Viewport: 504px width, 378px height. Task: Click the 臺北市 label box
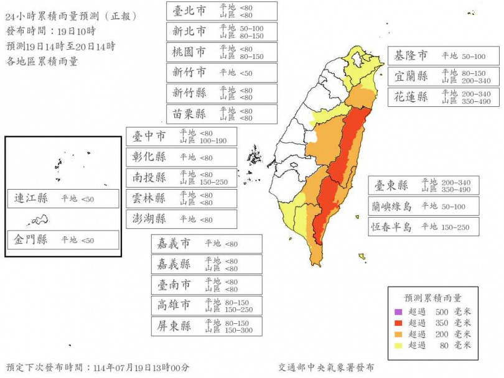click(189, 11)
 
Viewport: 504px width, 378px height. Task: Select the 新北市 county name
click(189, 32)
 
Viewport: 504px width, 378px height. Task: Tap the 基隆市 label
click(410, 56)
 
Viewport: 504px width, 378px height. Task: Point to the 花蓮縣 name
click(410, 97)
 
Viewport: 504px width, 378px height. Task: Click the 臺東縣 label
click(391, 185)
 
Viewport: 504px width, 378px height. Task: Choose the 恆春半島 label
click(391, 227)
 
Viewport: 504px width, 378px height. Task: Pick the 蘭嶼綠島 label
click(391, 206)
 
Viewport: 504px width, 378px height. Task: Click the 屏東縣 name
click(174, 326)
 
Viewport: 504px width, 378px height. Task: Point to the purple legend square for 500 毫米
click(398, 312)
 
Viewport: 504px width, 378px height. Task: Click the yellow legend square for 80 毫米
click(398, 345)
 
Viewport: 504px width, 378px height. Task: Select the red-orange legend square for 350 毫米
click(398, 323)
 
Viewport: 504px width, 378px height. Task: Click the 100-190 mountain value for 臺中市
click(213, 141)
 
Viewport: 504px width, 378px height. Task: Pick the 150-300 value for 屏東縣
click(238, 331)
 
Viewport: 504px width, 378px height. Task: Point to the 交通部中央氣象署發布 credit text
click(326, 368)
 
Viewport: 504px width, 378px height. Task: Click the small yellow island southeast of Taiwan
click(362, 256)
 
